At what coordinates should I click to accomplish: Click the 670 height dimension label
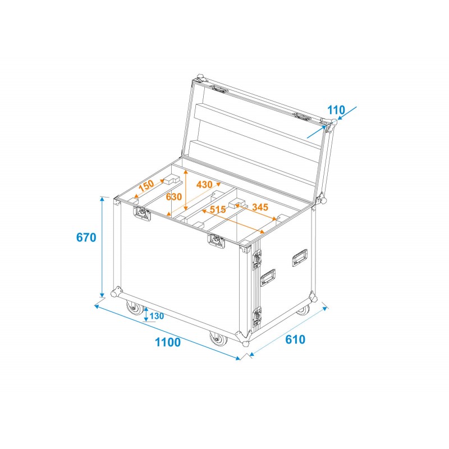pos(86,237)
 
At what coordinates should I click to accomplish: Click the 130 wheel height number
pos(157,316)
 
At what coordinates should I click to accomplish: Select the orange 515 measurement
pos(217,209)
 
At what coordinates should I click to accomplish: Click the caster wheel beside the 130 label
pos(135,309)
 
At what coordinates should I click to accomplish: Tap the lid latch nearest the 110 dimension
pos(303,117)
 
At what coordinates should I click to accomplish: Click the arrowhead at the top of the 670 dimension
pos(102,199)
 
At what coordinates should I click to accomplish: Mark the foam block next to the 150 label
pos(172,180)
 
